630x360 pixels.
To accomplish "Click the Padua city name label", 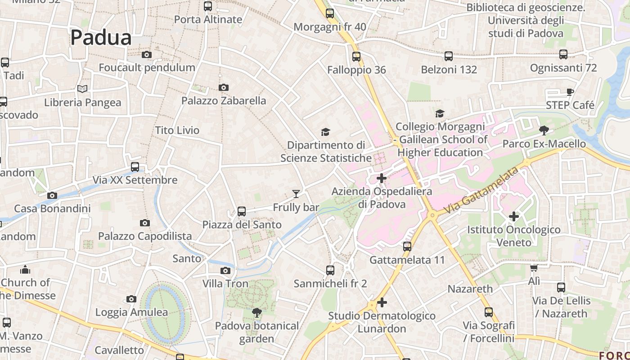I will tap(101, 37).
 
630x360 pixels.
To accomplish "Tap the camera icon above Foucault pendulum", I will tap(147, 55).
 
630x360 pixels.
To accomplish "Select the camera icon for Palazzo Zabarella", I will tap(224, 87).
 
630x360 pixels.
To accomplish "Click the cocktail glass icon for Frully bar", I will tap(296, 194).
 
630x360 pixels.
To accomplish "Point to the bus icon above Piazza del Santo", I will tap(242, 211).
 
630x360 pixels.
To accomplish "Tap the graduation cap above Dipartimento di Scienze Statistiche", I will tap(325, 132).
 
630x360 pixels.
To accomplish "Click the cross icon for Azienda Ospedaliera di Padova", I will tap(382, 178).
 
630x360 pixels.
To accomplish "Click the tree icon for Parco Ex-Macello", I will tap(544, 130).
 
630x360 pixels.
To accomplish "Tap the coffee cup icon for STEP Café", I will tap(570, 92).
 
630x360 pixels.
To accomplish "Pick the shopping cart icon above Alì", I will tap(534, 268).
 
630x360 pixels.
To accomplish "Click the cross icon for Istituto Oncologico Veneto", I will tap(514, 216).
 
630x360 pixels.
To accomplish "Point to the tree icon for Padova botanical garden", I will tap(256, 312).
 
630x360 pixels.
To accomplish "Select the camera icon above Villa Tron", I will tap(225, 270).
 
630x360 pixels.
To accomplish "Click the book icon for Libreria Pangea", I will tap(82, 89).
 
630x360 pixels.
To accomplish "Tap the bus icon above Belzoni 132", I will tap(449, 56).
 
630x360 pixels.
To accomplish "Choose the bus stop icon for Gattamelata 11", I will tap(407, 247).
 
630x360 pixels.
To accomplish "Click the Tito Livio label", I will tap(177, 130).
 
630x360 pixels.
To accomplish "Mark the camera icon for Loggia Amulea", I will tap(131, 299).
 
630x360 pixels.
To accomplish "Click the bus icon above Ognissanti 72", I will tap(563, 54).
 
